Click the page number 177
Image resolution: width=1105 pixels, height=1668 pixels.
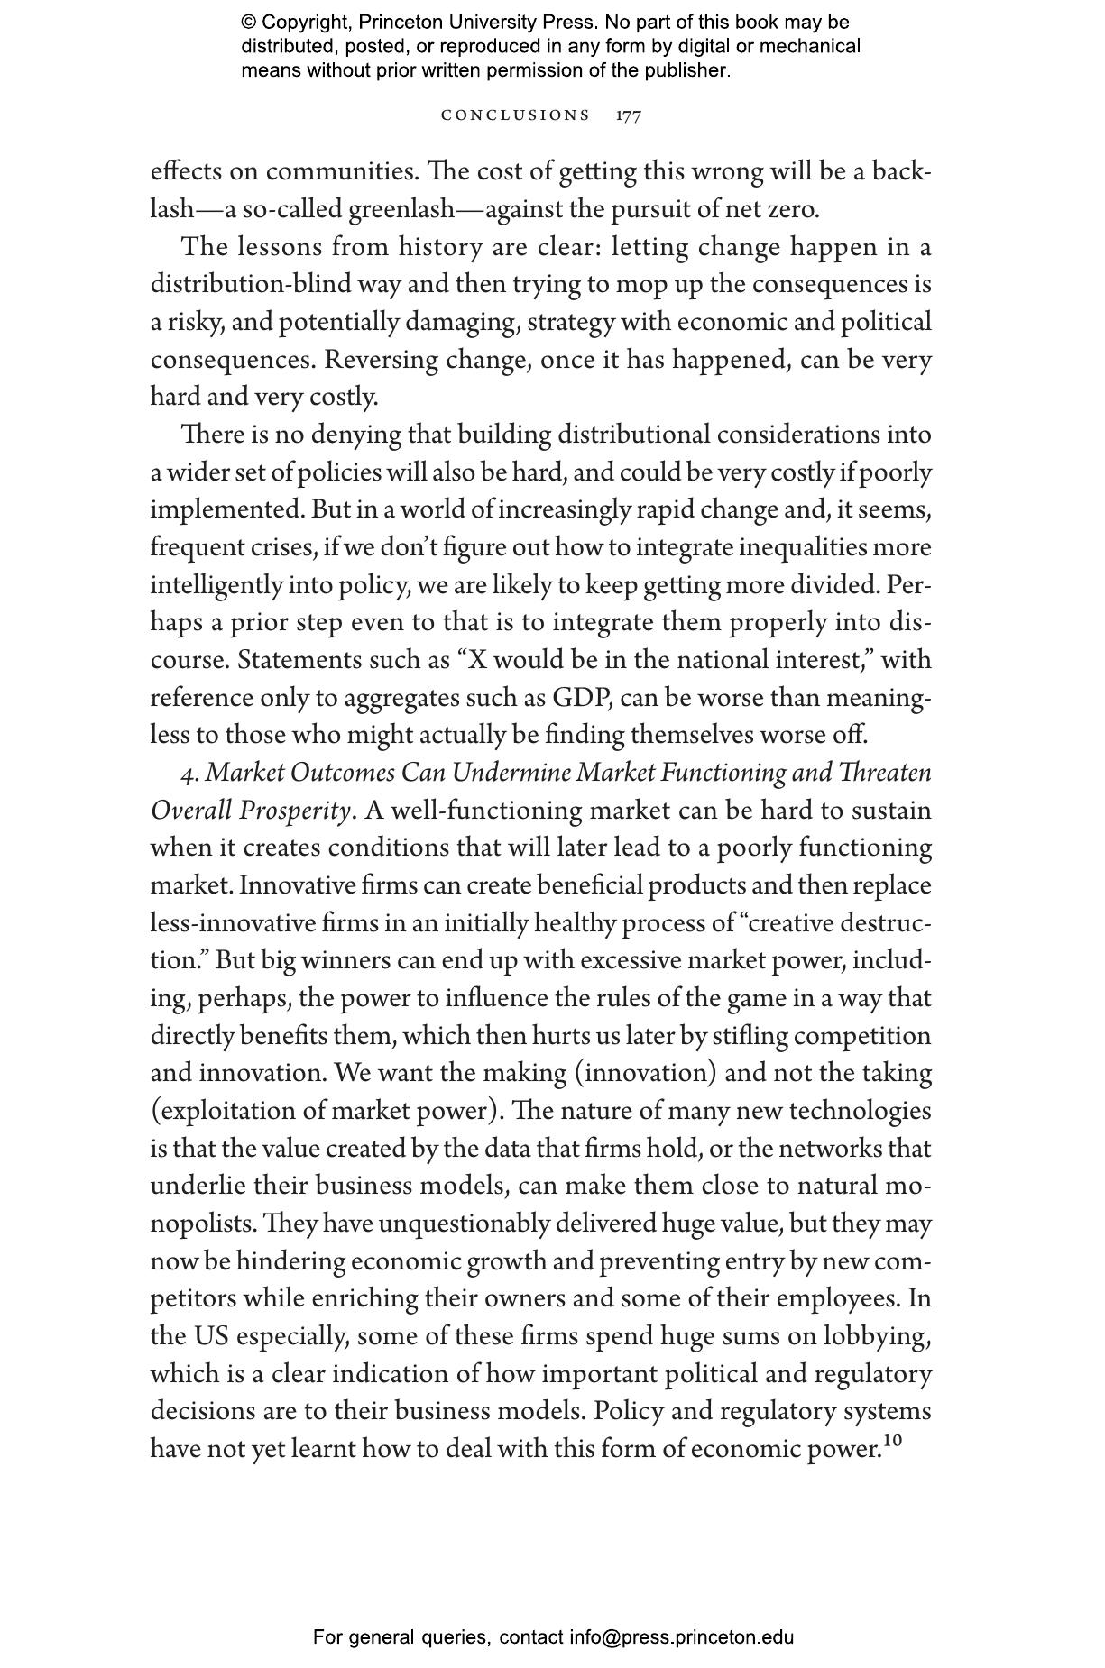(x=629, y=115)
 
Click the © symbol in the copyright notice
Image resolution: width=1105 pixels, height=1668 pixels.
(x=248, y=23)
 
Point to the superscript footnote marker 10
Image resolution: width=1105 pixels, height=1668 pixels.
(x=892, y=1442)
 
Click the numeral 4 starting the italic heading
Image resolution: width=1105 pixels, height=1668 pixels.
(x=187, y=774)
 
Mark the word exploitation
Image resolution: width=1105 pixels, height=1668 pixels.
(x=228, y=1111)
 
